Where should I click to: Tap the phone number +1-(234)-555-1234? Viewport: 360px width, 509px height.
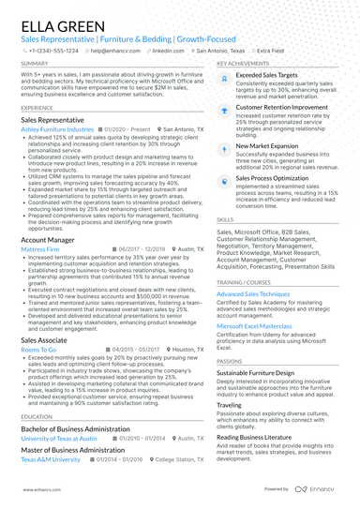(x=55, y=51)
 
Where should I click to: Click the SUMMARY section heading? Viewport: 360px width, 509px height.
(x=34, y=63)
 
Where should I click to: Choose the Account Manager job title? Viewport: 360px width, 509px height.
(x=49, y=241)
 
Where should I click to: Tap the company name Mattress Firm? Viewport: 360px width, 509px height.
(x=39, y=250)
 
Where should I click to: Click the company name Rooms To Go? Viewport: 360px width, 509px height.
(x=38, y=349)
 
